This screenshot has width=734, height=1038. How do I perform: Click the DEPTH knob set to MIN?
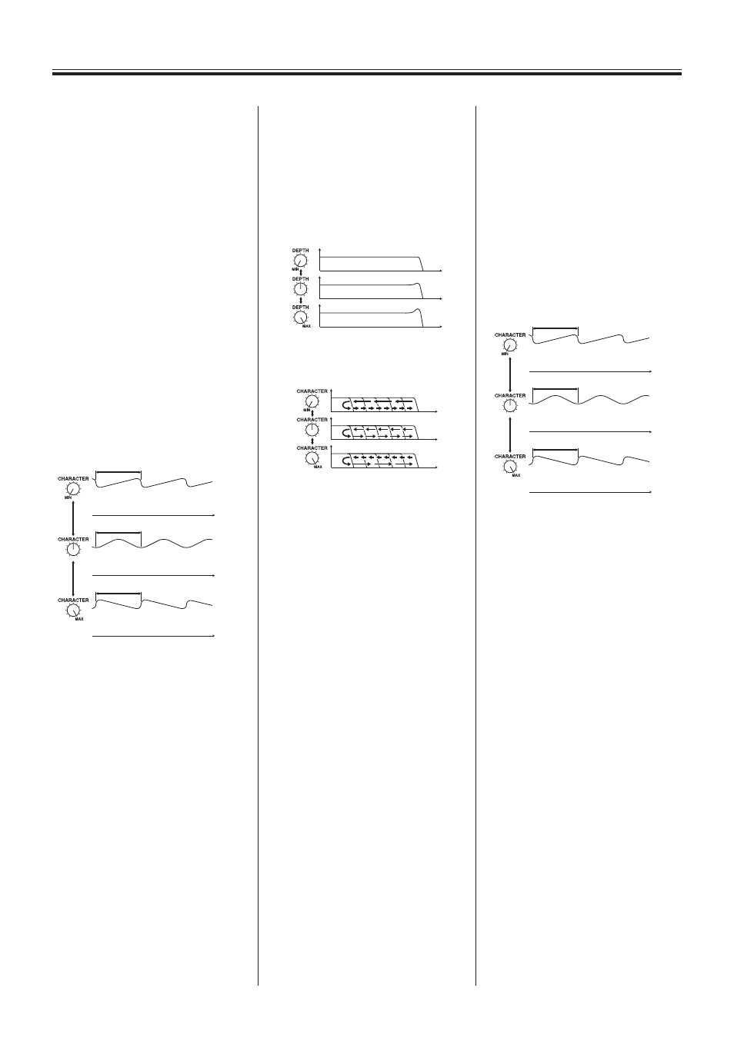point(301,260)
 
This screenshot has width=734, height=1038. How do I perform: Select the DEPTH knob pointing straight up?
point(301,288)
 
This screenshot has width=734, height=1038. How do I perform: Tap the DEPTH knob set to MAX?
point(301,317)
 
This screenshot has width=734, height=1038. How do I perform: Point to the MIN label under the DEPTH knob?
point(295,269)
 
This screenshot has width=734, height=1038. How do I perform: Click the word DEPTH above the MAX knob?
point(301,308)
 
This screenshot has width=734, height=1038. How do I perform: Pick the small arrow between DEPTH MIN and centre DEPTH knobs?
point(301,272)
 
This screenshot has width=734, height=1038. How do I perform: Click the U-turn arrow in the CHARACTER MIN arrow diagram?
point(344,405)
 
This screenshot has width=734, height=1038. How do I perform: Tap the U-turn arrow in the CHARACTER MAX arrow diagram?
point(344,462)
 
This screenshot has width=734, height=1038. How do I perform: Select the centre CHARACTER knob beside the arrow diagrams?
point(312,430)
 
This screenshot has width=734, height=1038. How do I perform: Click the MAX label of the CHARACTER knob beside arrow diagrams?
point(318,467)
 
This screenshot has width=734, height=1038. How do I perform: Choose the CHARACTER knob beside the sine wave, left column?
point(73,550)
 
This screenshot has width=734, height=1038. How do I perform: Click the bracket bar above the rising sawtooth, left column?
point(118,473)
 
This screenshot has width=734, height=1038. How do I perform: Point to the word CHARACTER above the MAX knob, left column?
point(73,600)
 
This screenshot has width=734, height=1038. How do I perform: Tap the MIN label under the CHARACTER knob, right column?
point(505,354)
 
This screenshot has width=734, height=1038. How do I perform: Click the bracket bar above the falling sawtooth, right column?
point(556,450)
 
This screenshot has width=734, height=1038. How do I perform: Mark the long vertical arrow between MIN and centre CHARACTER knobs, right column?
point(510,374)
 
